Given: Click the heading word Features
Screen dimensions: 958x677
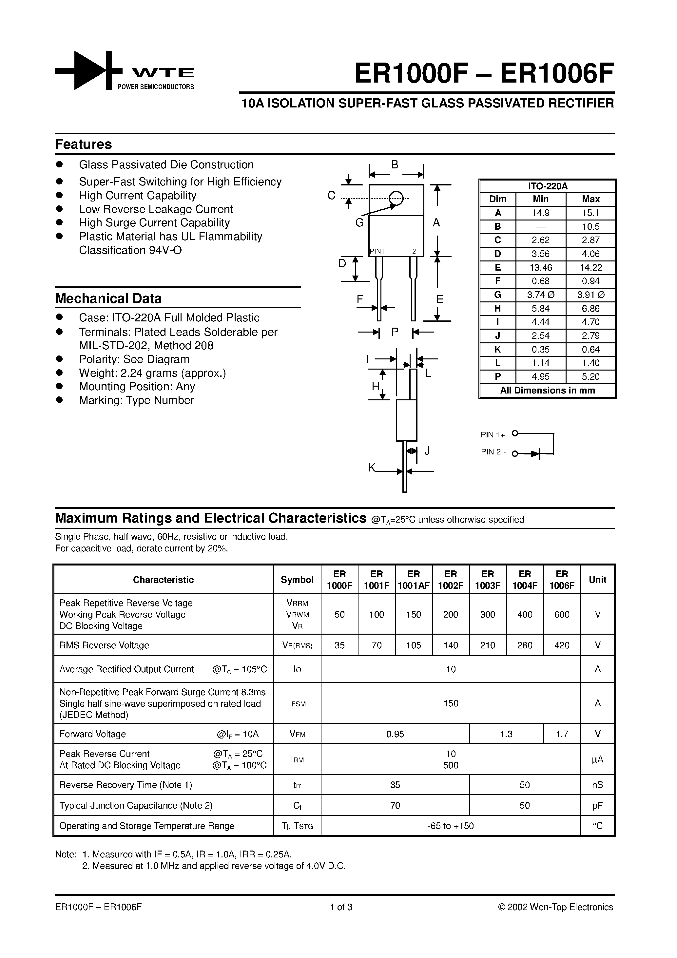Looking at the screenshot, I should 84,144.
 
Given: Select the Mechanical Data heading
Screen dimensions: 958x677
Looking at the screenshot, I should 108,299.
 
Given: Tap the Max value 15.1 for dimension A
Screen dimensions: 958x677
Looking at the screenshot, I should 590,213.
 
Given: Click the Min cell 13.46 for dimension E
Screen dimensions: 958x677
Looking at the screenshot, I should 540,267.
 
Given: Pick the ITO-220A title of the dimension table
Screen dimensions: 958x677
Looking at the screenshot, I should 548,186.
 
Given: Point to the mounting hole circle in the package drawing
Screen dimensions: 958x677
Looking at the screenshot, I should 396,198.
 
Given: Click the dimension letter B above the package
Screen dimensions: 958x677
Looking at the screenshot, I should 395,165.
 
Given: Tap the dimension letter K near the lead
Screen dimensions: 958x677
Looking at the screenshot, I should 372,468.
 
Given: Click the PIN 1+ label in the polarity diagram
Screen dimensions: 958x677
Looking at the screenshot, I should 493,435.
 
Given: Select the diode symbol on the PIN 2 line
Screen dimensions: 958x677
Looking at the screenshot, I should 536,453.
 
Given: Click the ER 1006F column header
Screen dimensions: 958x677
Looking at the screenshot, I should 562,580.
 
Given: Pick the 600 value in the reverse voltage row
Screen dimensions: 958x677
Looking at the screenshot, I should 562,614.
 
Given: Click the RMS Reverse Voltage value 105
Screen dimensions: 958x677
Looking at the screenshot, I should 413,645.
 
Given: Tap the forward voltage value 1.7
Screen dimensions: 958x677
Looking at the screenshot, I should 562,734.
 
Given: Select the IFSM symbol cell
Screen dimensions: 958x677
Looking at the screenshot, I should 297,703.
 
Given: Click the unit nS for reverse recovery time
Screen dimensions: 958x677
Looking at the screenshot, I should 597,785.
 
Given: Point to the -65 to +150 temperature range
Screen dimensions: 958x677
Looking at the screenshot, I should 451,826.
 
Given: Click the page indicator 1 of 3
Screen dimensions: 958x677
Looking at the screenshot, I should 341,907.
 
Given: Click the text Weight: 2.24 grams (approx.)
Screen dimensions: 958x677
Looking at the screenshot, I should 152,373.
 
